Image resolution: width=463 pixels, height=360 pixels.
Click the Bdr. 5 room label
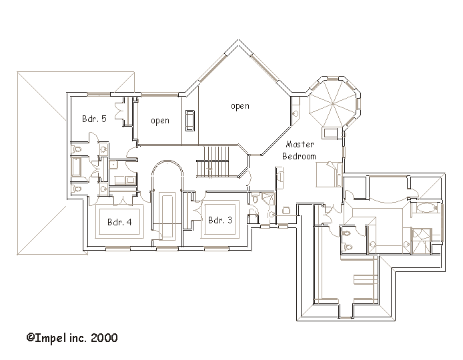tap(94, 119)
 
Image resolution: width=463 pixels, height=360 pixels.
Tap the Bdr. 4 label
tap(119, 222)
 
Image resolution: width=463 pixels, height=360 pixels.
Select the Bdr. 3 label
tap(220, 220)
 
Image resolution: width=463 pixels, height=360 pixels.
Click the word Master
tap(300, 144)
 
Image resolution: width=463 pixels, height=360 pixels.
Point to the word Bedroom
tap(299, 156)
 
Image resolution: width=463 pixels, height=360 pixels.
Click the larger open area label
tap(240, 106)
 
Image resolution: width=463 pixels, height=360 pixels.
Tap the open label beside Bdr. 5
tap(160, 121)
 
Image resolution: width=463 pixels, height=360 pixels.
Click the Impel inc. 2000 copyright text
tap(72, 337)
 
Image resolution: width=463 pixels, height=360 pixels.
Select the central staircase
tap(213, 161)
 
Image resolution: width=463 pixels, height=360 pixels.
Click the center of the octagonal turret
tap(332, 103)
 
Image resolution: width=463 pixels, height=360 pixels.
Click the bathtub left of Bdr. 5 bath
tap(76, 166)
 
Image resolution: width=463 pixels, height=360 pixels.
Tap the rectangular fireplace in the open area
tap(190, 121)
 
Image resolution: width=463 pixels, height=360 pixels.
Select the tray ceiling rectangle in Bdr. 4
tap(119, 221)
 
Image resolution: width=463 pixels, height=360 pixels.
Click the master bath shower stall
tap(422, 241)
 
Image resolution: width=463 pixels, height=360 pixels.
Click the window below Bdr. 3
tap(216, 249)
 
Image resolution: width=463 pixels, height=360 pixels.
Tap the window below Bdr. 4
tap(118, 249)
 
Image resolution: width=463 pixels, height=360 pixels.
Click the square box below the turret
tap(331, 133)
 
